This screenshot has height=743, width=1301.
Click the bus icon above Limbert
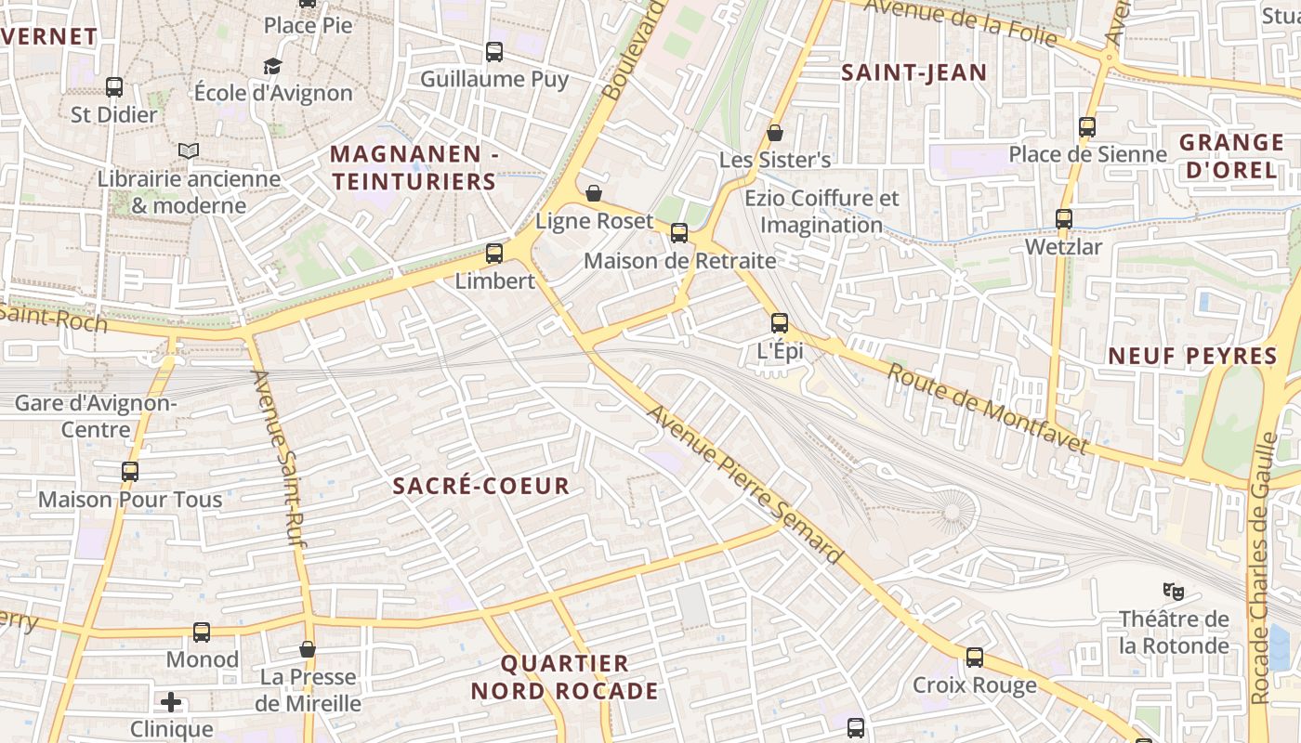tap(494, 253)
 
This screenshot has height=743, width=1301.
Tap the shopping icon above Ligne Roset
tap(594, 193)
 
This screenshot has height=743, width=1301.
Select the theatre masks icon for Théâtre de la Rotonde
tap(1174, 590)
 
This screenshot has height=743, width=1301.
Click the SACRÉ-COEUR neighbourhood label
tap(480, 486)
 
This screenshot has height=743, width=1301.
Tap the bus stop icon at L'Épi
tap(780, 323)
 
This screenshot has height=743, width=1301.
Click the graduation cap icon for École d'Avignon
tap(272, 66)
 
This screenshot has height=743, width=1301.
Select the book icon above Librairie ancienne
tap(189, 150)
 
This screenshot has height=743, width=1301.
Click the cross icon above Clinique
tap(171, 701)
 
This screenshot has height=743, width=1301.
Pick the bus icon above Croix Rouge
tap(975, 658)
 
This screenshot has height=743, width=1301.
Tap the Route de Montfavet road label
tap(987, 409)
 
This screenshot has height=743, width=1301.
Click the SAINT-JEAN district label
tap(913, 72)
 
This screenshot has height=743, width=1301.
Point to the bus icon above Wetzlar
tap(1064, 219)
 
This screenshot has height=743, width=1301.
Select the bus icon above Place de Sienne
tap(1087, 127)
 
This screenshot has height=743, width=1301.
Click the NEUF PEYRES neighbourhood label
tap(1193, 356)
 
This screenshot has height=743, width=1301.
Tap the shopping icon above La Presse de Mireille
tap(308, 649)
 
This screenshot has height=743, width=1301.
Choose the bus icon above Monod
tap(202, 632)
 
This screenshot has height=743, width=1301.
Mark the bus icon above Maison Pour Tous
tap(130, 472)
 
